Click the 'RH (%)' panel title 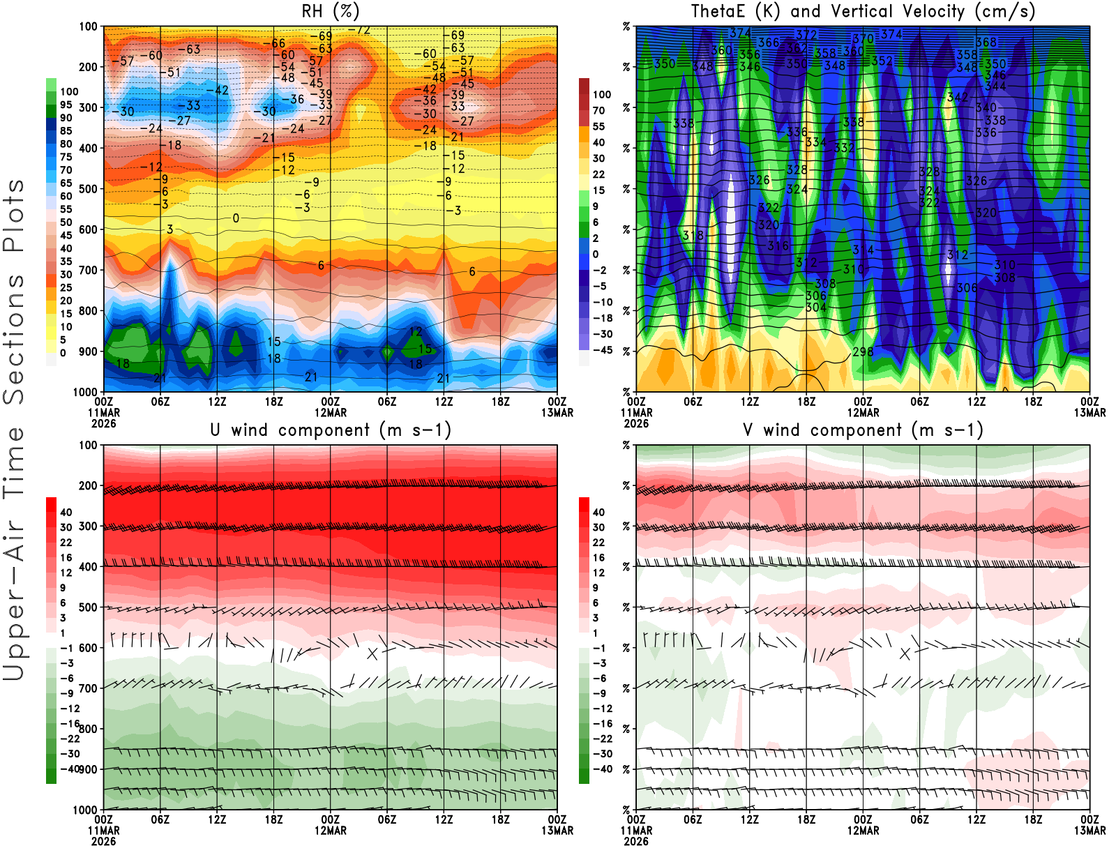[x=330, y=11]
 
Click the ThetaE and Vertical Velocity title [x=863, y=11]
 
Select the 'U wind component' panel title [x=330, y=430]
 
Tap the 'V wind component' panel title [x=863, y=430]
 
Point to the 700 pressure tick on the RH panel [x=88, y=270]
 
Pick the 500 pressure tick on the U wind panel [x=88, y=607]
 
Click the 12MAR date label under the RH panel [x=330, y=412]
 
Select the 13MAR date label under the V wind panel [x=1089, y=831]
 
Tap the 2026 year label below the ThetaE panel [x=636, y=423]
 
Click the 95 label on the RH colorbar [x=66, y=105]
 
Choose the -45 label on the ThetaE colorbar [x=602, y=350]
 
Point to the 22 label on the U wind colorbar [x=66, y=543]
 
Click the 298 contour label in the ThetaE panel [x=863, y=351]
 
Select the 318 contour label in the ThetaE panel [x=693, y=236]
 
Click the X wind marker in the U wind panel [x=372, y=653]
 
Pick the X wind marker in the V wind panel [x=905, y=653]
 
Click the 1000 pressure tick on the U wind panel [x=86, y=810]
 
